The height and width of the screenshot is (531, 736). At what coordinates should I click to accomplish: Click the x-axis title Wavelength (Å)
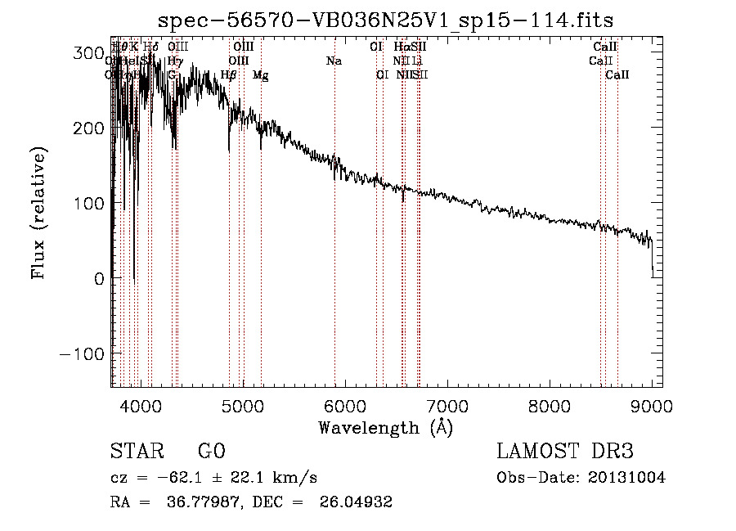point(385,426)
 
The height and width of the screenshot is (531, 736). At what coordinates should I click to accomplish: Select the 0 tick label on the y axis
point(98,278)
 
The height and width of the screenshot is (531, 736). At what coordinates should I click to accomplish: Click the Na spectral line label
point(334,61)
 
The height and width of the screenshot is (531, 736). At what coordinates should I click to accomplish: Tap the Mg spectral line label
point(260,75)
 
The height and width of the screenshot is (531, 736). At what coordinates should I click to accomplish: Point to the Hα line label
point(401,47)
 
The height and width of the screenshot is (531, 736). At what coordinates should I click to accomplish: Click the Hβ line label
point(229,75)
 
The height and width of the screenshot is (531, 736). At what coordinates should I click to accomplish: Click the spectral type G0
point(211,452)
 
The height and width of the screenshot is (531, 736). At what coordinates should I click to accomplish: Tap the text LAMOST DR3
point(564,452)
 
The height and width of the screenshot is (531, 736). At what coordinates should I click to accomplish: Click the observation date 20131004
point(630,478)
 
